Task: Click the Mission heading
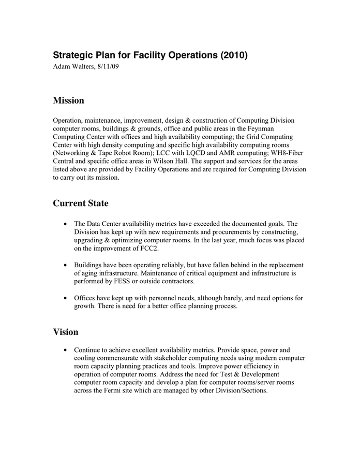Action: coord(68,100)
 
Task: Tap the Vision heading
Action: coord(66,332)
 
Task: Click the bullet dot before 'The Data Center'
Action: coord(64,224)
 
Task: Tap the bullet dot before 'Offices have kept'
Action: coord(64,299)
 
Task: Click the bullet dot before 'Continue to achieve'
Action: coord(64,351)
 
